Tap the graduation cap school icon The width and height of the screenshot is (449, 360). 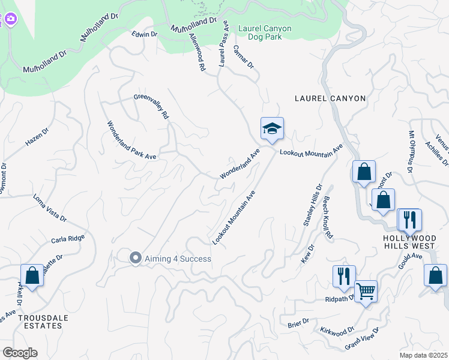click(x=271, y=128)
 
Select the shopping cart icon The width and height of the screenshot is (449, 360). click(x=366, y=292)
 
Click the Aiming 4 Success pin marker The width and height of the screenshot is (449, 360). click(x=136, y=258)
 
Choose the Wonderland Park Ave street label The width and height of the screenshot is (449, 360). click(x=131, y=140)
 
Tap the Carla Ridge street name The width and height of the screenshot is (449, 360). click(x=68, y=238)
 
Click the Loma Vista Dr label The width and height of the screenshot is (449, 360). click(x=49, y=208)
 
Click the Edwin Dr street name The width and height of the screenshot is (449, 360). click(x=145, y=34)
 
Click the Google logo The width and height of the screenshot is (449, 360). click(x=20, y=352)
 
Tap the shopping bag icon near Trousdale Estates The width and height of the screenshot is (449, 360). click(x=32, y=276)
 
